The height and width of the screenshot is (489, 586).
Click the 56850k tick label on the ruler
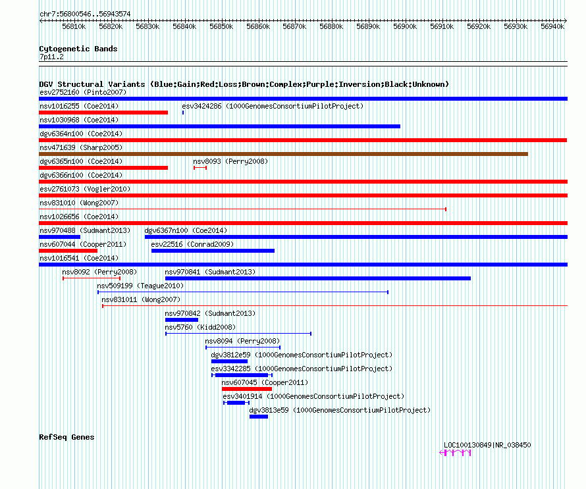point(221,26)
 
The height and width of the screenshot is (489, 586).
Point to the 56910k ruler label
point(442,26)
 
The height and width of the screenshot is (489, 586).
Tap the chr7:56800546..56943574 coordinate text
point(85,14)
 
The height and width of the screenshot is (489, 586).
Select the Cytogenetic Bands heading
point(78,49)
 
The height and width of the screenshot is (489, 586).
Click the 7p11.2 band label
point(51,57)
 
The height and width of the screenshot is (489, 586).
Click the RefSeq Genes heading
point(67,437)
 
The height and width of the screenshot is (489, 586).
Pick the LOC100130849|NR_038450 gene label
point(487,445)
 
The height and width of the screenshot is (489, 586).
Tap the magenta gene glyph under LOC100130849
point(455,453)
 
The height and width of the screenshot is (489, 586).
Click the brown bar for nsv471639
point(283,154)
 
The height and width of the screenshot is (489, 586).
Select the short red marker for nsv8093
point(200,168)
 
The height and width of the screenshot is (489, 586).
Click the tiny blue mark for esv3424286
point(183,113)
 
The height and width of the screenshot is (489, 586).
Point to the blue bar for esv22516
point(213,251)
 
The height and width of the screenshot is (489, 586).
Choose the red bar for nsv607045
point(247,389)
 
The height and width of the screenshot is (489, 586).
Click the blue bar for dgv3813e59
point(259,417)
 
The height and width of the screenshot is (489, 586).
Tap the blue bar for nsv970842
point(182,320)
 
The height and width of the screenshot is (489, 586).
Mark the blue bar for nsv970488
point(59,237)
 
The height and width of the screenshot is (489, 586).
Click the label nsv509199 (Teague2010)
point(140,286)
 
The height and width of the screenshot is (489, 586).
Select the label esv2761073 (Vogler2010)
point(85,189)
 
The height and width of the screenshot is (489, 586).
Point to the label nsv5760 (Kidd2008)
point(200,327)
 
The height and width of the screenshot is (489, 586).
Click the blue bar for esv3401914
point(236,403)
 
